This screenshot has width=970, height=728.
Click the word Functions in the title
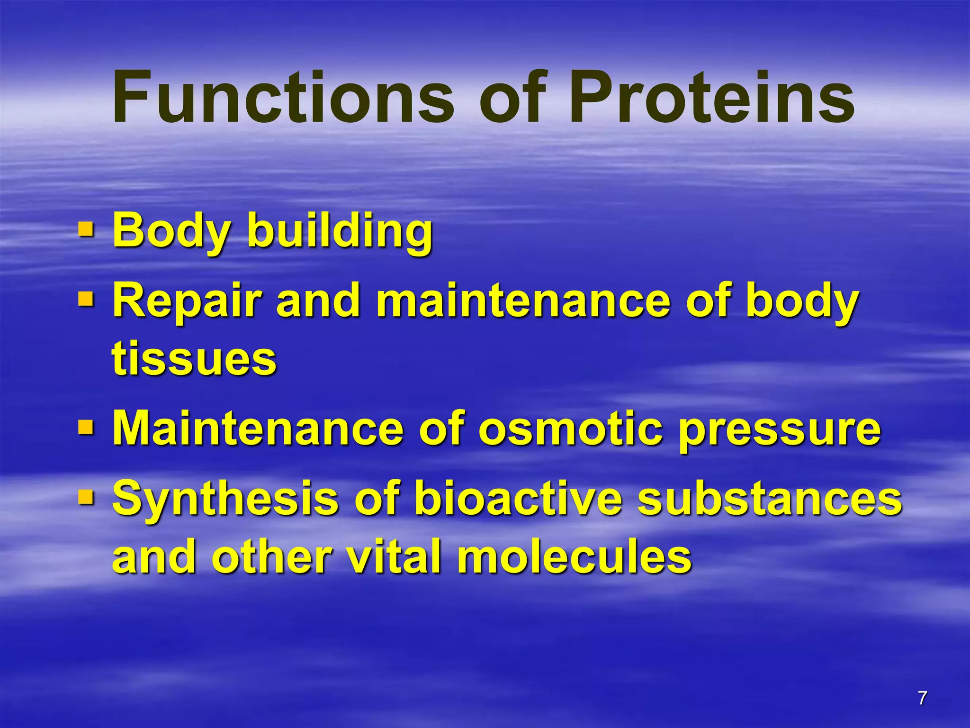(x=283, y=97)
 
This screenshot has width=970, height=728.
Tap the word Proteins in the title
(x=711, y=97)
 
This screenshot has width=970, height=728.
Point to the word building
(x=340, y=231)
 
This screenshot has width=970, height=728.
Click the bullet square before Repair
(x=86, y=299)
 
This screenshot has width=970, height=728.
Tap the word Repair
(x=187, y=302)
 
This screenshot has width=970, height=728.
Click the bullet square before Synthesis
(x=86, y=497)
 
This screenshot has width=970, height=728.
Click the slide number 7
(x=922, y=698)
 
